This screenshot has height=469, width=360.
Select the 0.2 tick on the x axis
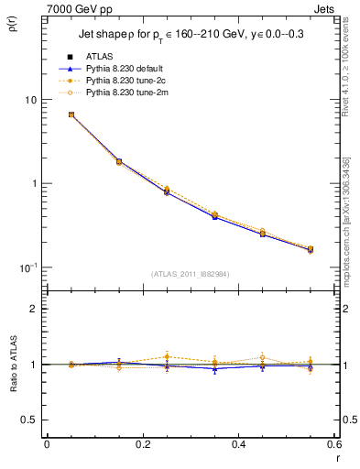(142, 444)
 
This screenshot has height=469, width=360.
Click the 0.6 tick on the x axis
(333, 444)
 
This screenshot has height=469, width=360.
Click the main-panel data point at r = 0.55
(310, 249)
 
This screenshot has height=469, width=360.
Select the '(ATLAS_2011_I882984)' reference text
(190, 274)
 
